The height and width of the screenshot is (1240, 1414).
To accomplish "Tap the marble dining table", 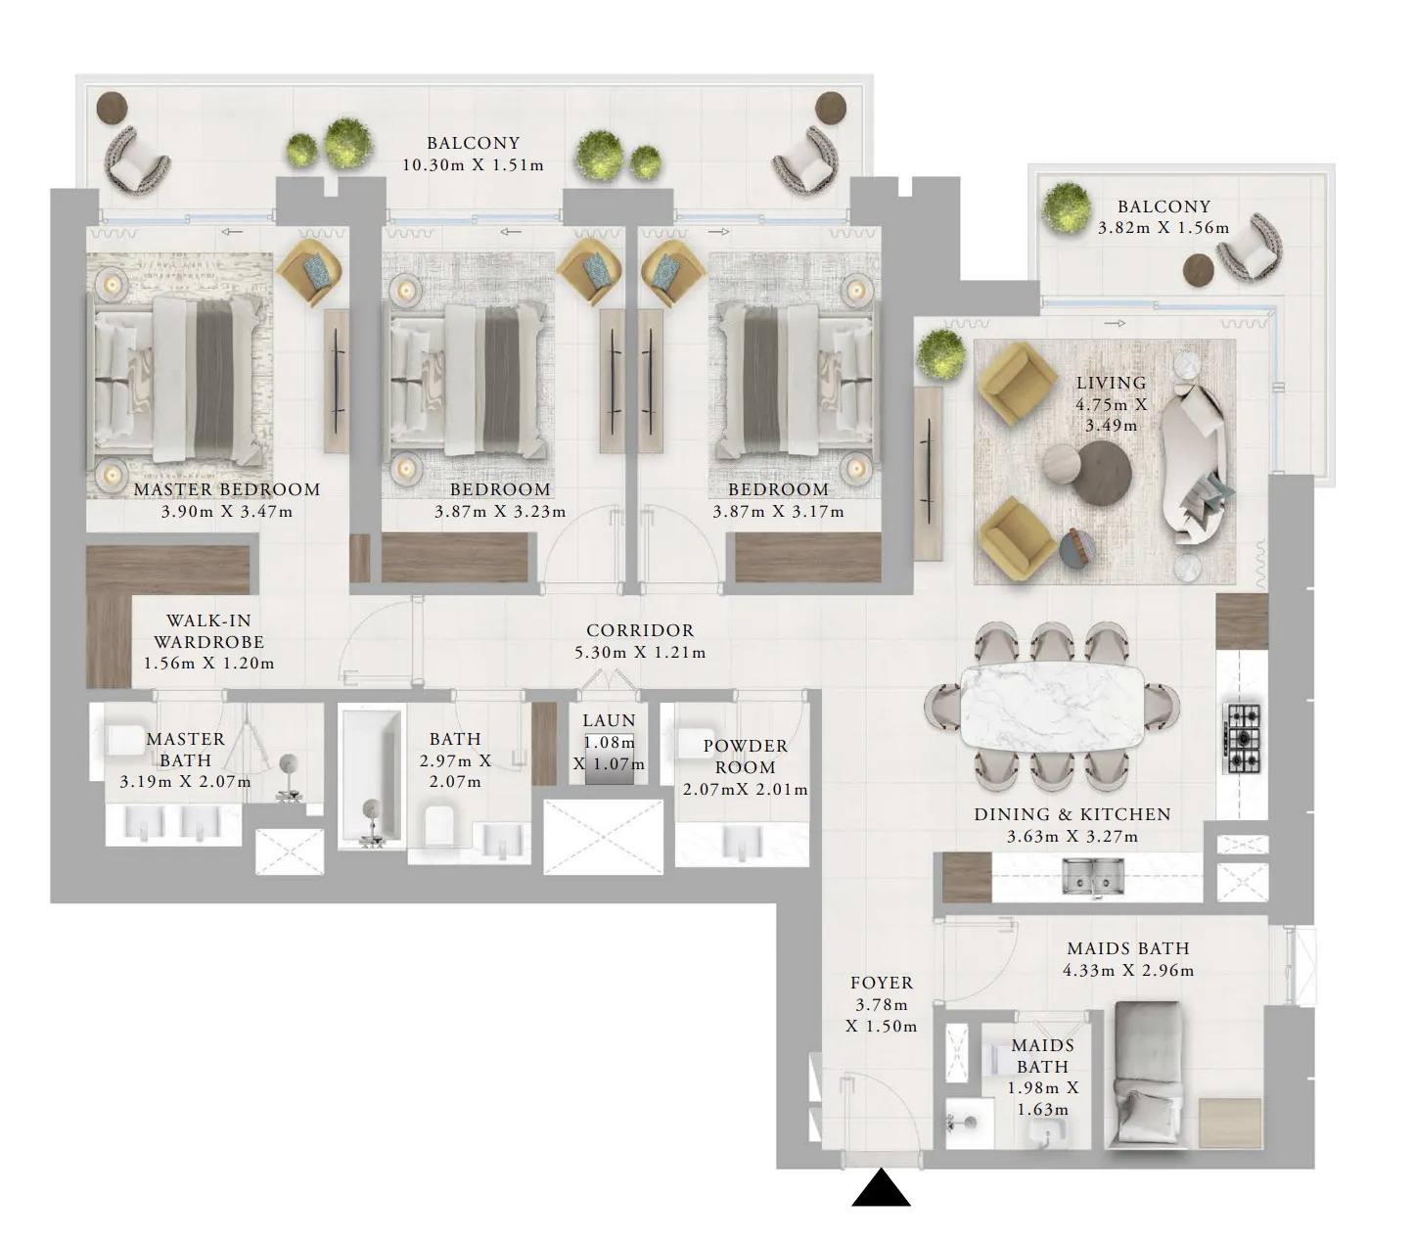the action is tap(1052, 706).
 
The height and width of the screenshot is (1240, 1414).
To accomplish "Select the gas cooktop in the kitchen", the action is tap(1243, 739).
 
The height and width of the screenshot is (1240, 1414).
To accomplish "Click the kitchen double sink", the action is tap(1092, 876).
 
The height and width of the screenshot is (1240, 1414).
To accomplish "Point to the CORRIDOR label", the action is tap(640, 630).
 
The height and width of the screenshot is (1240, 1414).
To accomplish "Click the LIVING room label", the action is tap(1111, 383).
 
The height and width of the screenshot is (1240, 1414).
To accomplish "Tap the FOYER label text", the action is tap(882, 983).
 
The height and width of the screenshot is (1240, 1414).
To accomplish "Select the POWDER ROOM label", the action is tap(746, 757).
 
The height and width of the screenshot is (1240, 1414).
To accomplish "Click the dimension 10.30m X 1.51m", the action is tap(474, 165).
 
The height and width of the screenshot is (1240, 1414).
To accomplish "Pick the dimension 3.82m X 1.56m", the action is tap(1163, 228).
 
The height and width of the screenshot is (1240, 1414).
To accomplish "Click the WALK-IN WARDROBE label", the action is tap(208, 631).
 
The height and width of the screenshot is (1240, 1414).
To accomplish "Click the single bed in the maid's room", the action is tap(1147, 1075).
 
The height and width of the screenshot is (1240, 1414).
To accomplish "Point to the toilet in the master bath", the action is tap(124, 740).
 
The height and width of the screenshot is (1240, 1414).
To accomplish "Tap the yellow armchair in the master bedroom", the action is tap(310, 272).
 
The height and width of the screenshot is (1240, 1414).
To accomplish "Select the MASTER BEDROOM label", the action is tap(227, 489).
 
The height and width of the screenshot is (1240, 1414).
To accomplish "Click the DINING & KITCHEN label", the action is tap(1072, 814).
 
